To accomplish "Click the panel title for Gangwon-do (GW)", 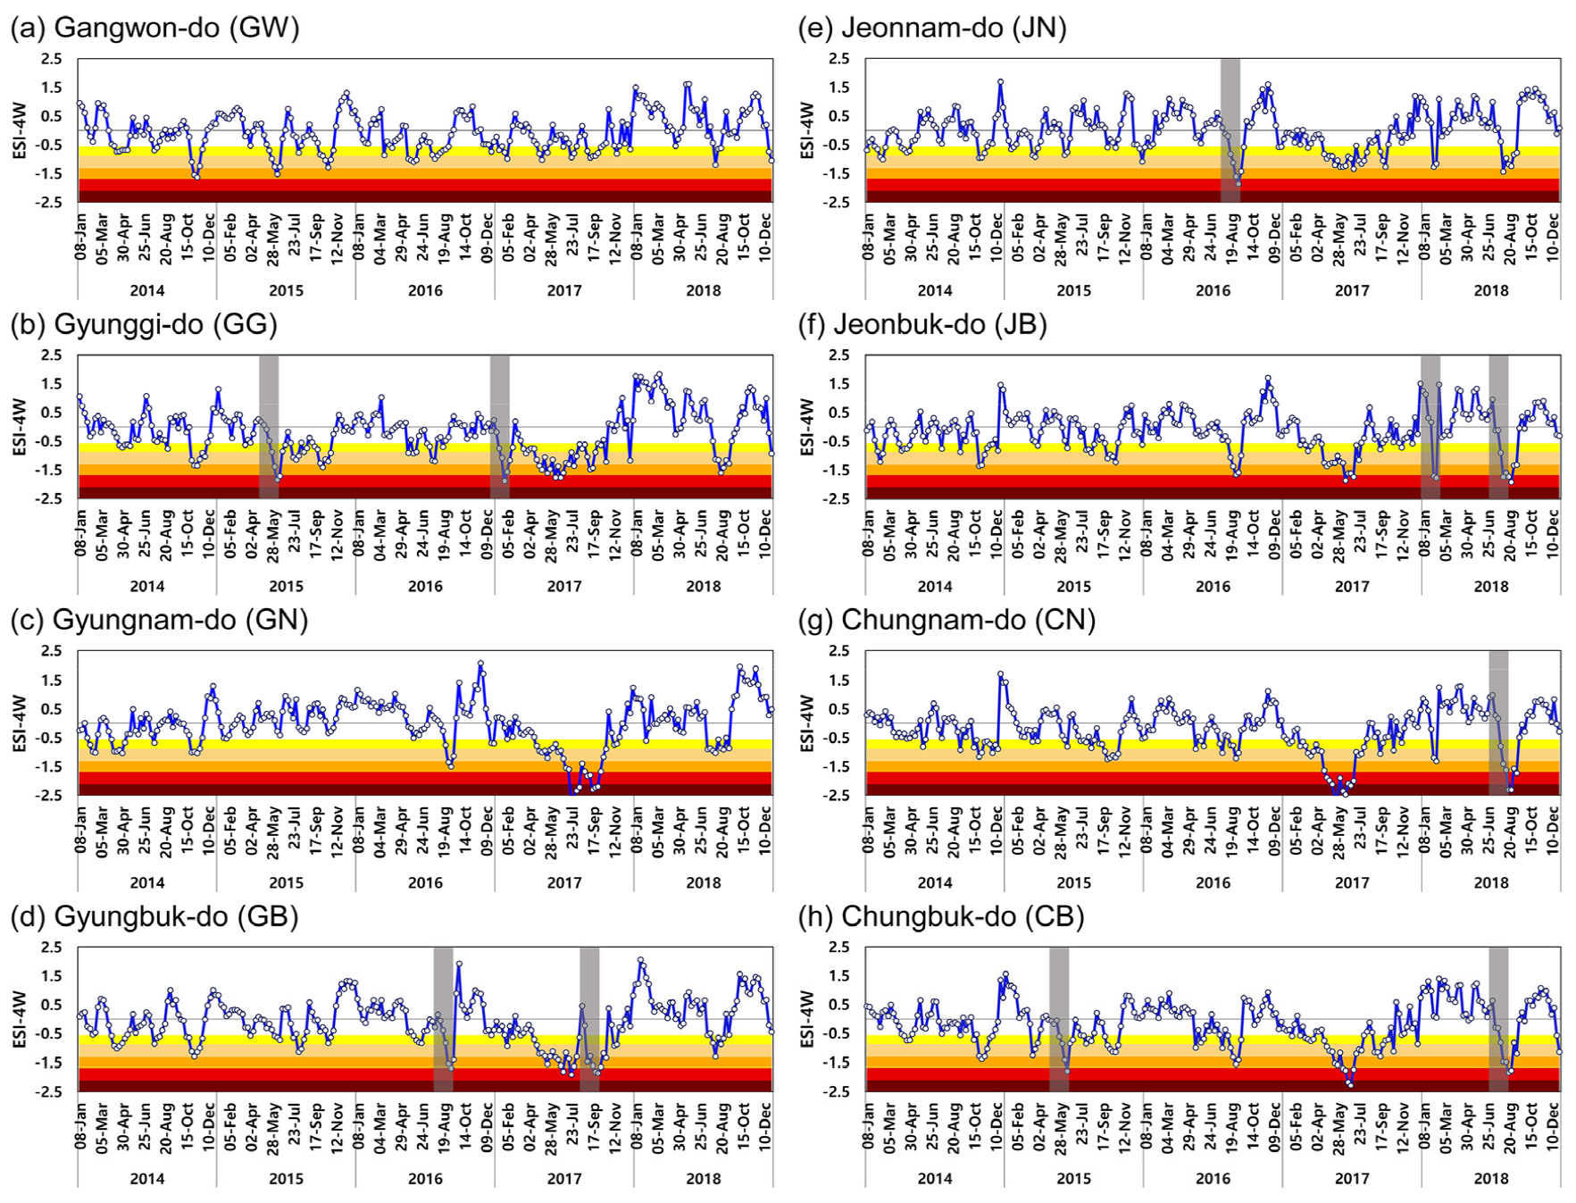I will pyautogui.click(x=154, y=28).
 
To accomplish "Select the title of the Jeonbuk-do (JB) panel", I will pyautogui.click(x=922, y=324).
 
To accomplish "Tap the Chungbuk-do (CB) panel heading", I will pyautogui.click(x=941, y=916).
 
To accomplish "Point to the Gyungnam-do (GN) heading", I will pyautogui.click(x=159, y=620).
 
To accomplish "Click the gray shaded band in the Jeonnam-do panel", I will pyautogui.click(x=1230, y=129).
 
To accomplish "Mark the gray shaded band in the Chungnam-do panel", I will pyautogui.click(x=1497, y=722).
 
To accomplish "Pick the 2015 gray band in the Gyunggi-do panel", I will pyautogui.click(x=269, y=426).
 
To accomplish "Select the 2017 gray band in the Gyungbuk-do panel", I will pyautogui.click(x=589, y=1018).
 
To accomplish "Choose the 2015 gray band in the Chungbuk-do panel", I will pyautogui.click(x=1059, y=1018).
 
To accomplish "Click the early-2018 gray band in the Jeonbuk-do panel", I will pyautogui.click(x=1430, y=426).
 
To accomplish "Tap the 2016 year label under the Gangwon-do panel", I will pyautogui.click(x=425, y=290).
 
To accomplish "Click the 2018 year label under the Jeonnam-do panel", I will pyautogui.click(x=1490, y=290).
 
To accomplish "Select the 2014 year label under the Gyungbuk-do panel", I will pyautogui.click(x=147, y=1179).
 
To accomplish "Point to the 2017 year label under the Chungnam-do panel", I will pyautogui.click(x=1351, y=882).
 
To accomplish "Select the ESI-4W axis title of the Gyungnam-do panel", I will pyautogui.click(x=20, y=723).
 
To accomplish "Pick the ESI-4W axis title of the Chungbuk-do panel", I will pyautogui.click(x=806, y=1019).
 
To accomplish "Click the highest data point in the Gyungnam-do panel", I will pyautogui.click(x=480, y=664).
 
